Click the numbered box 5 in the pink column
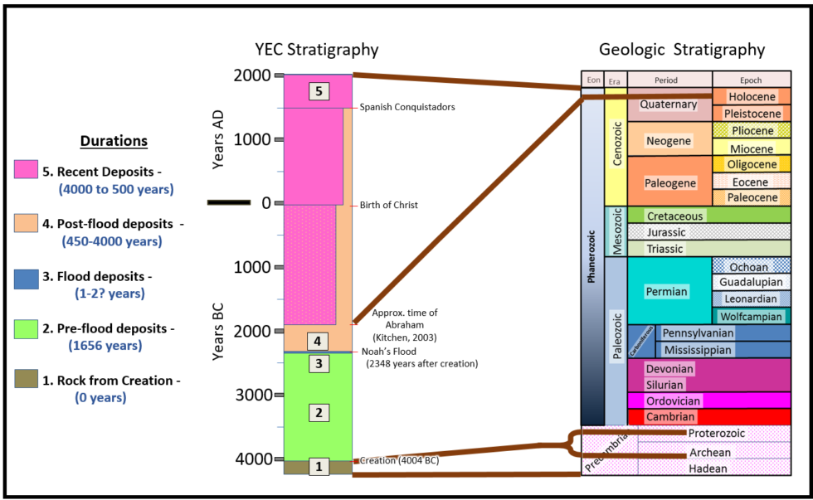[x=319, y=91]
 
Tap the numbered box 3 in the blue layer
[x=319, y=363]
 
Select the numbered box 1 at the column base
[x=319, y=467]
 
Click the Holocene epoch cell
[x=752, y=97]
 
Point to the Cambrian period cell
[x=671, y=416]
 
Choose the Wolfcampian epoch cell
[x=750, y=316]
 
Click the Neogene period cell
[x=669, y=141]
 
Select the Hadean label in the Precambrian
[x=708, y=468]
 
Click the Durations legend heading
[x=114, y=140]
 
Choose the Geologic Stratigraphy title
[x=682, y=50]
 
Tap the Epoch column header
[x=751, y=80]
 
